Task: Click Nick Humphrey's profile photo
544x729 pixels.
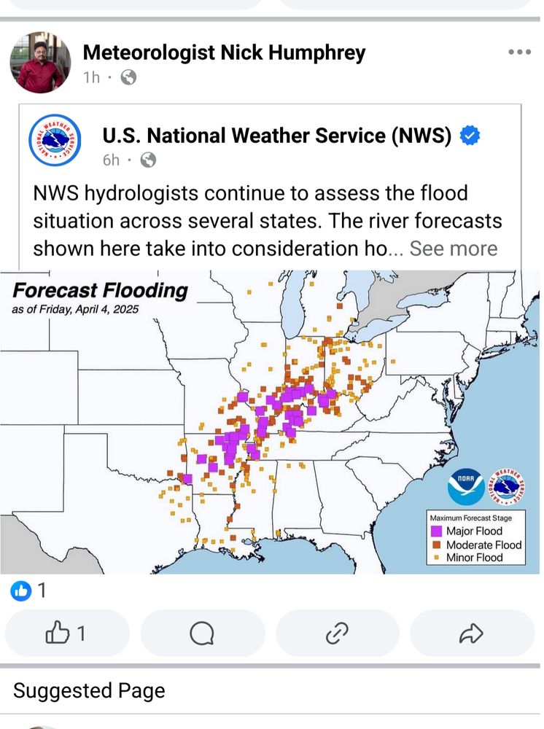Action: pyautogui.click(x=40, y=63)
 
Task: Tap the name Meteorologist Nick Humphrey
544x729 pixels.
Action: pyautogui.click(x=224, y=52)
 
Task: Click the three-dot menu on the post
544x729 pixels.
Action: pyautogui.click(x=519, y=52)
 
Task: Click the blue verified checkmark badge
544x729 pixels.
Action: pyautogui.click(x=471, y=136)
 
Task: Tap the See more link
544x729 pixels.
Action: pyautogui.click(x=453, y=248)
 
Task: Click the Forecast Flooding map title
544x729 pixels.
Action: pyautogui.click(x=100, y=290)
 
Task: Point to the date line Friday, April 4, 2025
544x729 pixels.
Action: pyautogui.click(x=75, y=309)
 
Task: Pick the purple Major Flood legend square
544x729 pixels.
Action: pyautogui.click(x=437, y=531)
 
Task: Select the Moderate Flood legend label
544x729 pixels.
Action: pyautogui.click(x=483, y=545)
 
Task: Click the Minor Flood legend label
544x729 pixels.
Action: pyautogui.click(x=475, y=558)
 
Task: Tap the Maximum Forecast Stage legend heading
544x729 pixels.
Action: pyautogui.click(x=470, y=518)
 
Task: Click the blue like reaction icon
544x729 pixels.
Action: pyautogui.click(x=21, y=590)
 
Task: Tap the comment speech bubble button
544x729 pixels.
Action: pyautogui.click(x=202, y=634)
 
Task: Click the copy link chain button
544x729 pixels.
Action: pyautogui.click(x=337, y=634)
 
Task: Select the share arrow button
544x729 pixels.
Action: pyautogui.click(x=471, y=634)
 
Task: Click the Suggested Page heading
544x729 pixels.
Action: pyautogui.click(x=89, y=690)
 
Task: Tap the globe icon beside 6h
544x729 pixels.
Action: pyautogui.click(x=148, y=160)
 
